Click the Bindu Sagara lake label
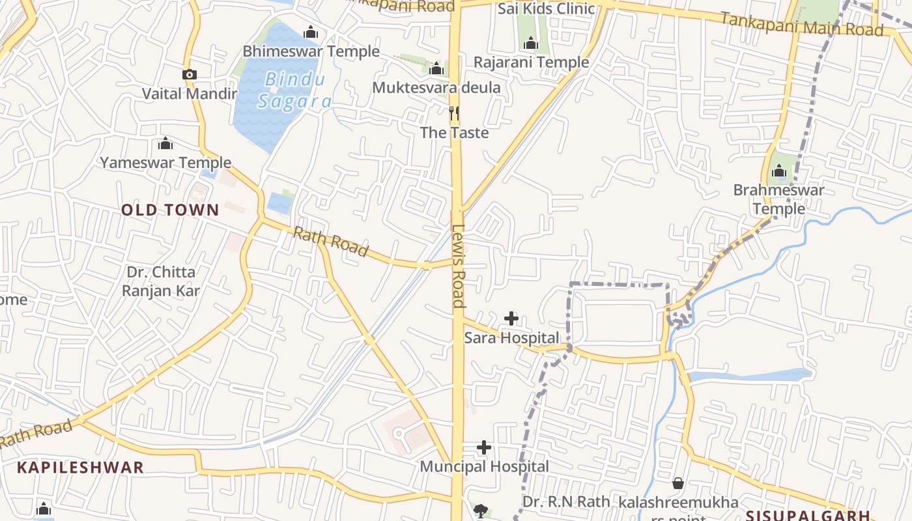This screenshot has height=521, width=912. point(295,91)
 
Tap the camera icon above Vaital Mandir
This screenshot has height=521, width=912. point(190,75)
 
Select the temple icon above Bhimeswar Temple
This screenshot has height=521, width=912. point(311,32)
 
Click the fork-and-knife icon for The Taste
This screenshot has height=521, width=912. point(455,113)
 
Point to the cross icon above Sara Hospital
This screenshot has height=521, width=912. point(511,318)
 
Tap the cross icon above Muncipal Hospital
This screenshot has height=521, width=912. point(484,447)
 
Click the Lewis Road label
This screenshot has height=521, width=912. point(459,266)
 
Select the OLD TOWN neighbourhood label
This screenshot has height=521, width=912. point(170,210)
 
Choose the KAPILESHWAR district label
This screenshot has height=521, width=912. point(80,467)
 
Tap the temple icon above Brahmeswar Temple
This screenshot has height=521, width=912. point(779,171)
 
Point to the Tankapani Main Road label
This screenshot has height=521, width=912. point(802,25)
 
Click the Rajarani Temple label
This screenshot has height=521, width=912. point(531,63)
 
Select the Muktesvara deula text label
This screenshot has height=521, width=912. point(436,87)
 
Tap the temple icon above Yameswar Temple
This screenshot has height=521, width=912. point(165,143)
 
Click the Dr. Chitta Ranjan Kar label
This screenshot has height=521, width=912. point(161,281)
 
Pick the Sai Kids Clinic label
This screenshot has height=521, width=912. point(547,8)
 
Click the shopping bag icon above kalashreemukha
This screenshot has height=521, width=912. point(678,483)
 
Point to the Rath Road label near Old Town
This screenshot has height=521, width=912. point(330,242)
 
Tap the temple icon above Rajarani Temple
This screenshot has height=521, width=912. point(531,44)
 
